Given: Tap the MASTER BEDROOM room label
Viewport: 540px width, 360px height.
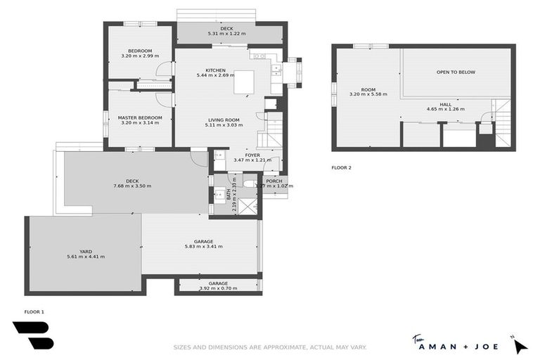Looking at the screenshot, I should click(141, 117).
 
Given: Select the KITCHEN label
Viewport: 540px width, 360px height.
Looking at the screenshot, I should click(215, 70).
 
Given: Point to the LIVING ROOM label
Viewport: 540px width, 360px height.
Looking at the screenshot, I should click(224, 120).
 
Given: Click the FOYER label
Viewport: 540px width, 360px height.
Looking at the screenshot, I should click(252, 155).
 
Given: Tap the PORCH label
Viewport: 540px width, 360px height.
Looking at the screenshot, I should click(274, 181).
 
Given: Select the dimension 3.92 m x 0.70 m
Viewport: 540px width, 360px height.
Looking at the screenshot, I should click(218, 288).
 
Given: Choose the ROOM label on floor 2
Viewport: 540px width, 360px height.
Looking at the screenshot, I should click(368, 89).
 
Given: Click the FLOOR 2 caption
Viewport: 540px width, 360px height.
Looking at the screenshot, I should click(341, 168).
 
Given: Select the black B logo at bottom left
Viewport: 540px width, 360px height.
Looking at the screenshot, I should click(32, 335).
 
